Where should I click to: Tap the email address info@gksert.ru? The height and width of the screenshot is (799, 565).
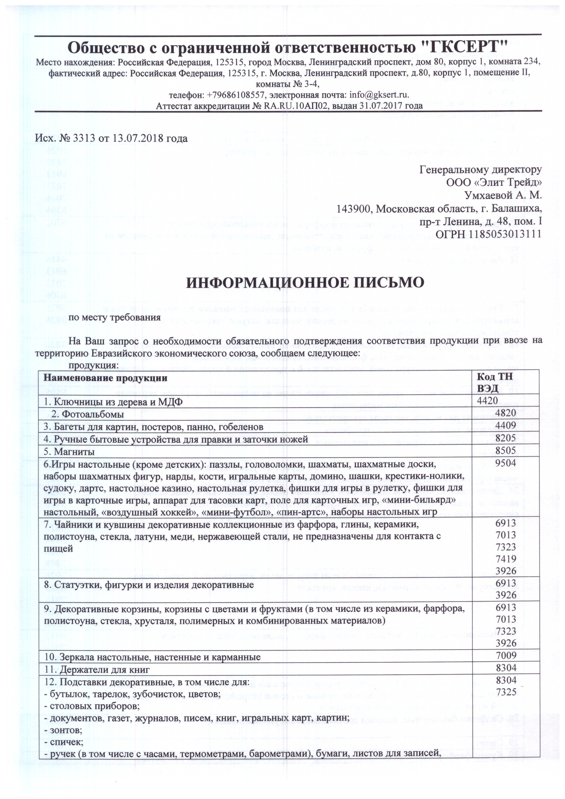[x=379, y=95]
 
